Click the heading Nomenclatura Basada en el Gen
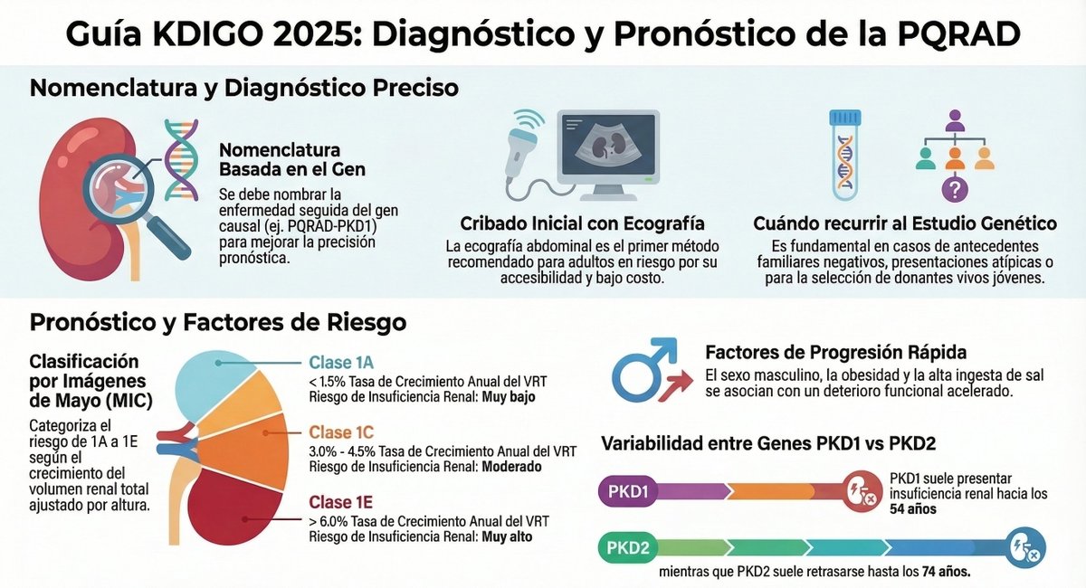pyautogui.click(x=281, y=159)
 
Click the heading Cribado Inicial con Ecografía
pyautogui.click(x=582, y=223)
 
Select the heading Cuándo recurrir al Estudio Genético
pyautogui.click(x=905, y=223)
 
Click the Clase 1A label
pyautogui.click(x=341, y=363)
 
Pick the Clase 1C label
pyautogui.click(x=341, y=432)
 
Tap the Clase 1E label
pyautogui.click(x=340, y=501)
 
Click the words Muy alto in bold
pyautogui.click(x=507, y=536)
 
